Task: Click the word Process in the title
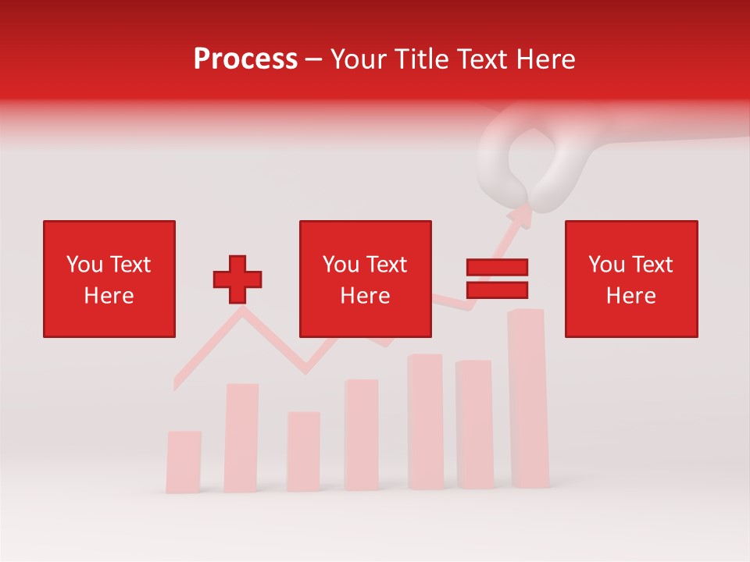tap(245, 59)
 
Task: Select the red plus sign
tap(237, 279)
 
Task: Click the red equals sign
tap(497, 279)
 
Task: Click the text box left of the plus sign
tap(109, 279)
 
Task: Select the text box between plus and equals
tap(366, 279)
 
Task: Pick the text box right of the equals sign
tap(631, 279)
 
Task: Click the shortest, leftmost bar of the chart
tap(184, 461)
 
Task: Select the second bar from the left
tap(242, 437)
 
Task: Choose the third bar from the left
tap(303, 451)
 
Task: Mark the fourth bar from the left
tap(361, 435)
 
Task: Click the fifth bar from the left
tap(425, 421)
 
